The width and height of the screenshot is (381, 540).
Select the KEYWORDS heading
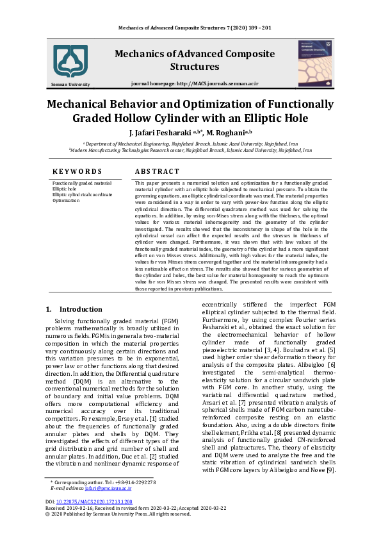tap(77, 171)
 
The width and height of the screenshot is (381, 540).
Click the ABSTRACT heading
tap(157, 171)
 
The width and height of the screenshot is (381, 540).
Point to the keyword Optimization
tap(67, 201)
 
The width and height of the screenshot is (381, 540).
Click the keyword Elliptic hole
tap(65, 189)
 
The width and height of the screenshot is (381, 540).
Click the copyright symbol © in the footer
tap(47, 513)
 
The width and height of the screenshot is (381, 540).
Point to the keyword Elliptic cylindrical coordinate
tap(82, 195)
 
